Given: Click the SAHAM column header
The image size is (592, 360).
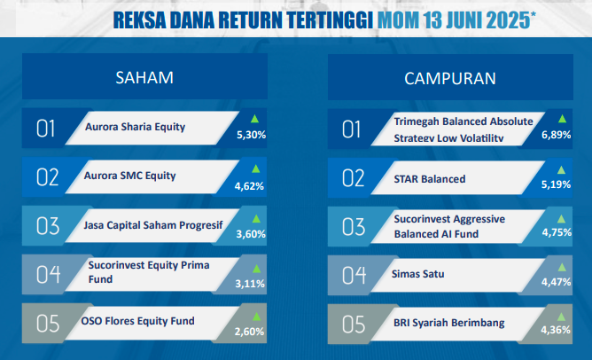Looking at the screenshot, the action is click(x=144, y=77).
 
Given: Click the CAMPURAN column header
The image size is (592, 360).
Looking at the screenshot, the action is click(x=450, y=78).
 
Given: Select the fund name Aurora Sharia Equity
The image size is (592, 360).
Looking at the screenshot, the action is click(x=136, y=127).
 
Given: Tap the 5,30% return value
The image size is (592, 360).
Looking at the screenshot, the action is click(x=252, y=135).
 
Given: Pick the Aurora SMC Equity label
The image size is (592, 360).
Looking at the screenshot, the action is click(x=130, y=176).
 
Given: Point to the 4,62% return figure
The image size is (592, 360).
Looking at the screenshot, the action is click(x=249, y=186).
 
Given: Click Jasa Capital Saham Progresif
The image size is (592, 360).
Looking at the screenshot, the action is click(x=153, y=225).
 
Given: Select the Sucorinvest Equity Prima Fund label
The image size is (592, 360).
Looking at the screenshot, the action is click(x=149, y=272).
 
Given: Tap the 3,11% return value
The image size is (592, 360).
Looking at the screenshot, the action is click(x=250, y=284).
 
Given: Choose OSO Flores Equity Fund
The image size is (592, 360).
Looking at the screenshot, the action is click(x=137, y=321).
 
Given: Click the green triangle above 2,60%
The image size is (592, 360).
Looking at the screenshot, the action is click(x=257, y=317).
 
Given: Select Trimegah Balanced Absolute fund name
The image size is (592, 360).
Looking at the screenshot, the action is click(x=463, y=121).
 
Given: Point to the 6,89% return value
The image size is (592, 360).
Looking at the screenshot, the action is click(x=557, y=135).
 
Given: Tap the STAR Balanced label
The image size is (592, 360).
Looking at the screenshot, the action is click(x=430, y=179).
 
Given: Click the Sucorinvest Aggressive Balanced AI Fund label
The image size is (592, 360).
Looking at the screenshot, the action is click(x=449, y=226).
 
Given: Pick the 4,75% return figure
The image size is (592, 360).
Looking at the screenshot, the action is click(x=557, y=232).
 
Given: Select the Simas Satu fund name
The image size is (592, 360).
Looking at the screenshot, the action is click(x=418, y=274).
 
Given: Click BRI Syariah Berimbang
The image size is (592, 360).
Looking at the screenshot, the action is click(x=449, y=323).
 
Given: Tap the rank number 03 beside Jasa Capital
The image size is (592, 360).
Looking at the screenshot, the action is click(x=48, y=226).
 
